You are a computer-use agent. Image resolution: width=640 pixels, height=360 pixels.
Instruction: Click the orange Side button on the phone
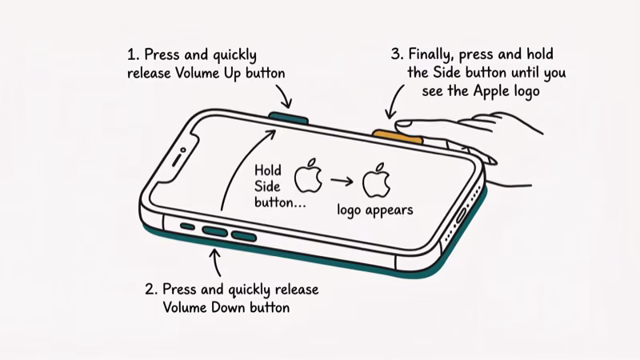click(397, 133)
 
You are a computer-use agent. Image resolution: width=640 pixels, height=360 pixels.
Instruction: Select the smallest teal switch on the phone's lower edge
click(186, 226)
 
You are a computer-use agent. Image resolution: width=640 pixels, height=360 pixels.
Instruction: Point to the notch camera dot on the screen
click(183, 149)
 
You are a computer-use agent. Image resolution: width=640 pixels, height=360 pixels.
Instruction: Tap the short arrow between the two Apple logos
click(342, 181)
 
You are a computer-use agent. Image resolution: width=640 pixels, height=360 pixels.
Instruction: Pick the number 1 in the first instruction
click(133, 55)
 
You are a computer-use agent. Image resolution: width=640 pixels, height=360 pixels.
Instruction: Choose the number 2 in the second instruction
click(150, 290)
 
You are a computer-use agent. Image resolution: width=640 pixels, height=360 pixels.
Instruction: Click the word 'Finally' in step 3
click(433, 55)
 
